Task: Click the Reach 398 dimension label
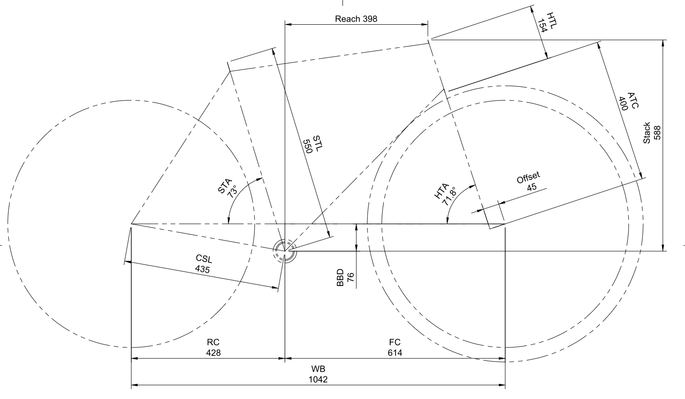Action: pos(356,19)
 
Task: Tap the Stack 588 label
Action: pos(651,133)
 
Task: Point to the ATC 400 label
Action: pos(629,101)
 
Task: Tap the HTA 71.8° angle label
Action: pos(445,195)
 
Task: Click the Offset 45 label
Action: pos(529,181)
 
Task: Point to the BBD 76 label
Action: pos(345,278)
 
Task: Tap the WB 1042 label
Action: pos(318,374)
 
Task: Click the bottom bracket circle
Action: pos(284,251)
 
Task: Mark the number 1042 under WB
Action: pos(318,379)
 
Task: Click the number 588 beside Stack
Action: pos(657,133)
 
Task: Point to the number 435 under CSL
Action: pos(202,269)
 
